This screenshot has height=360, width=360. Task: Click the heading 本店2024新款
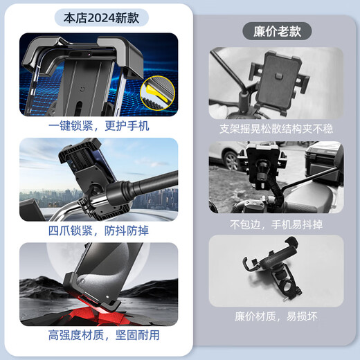tap(99, 17)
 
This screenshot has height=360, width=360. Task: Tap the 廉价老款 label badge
tap(277, 31)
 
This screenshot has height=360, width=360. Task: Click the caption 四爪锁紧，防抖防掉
tap(98, 231)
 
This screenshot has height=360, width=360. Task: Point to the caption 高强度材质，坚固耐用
tap(98, 335)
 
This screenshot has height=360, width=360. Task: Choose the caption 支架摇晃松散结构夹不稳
tap(276, 129)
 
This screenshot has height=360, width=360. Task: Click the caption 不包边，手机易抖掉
tap(276, 224)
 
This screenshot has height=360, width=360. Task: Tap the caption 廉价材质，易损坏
tap(276, 317)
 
